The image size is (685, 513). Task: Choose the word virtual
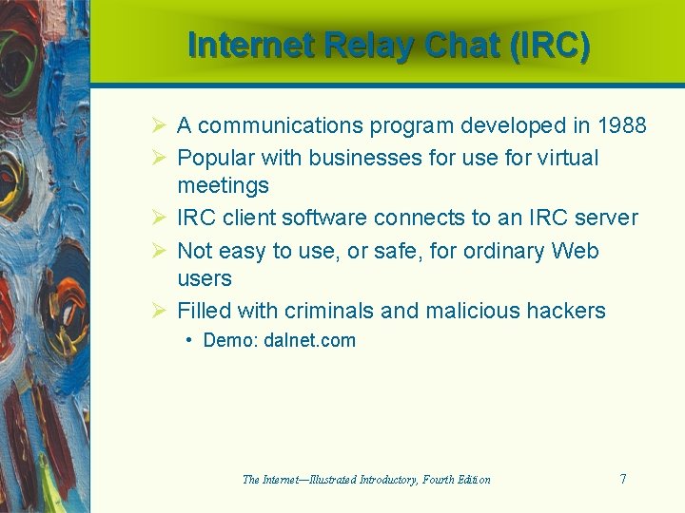tap(566, 158)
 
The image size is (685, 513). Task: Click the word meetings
tap(223, 185)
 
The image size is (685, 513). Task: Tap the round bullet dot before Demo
tap(190, 340)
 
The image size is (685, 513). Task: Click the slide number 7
tap(623, 479)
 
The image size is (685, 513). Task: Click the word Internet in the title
tap(250, 46)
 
